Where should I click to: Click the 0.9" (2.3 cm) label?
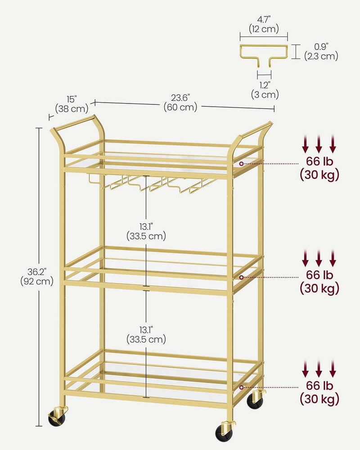pos(320,51)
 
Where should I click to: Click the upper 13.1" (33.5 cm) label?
pos(146,231)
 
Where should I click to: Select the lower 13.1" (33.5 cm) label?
pos(146,334)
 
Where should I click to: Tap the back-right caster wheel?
pos(255,400)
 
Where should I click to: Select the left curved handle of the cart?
pos(79,126)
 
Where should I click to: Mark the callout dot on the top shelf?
pos(242,164)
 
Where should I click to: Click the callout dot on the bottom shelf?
pos(242,387)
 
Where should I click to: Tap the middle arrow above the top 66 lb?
pos(319,144)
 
